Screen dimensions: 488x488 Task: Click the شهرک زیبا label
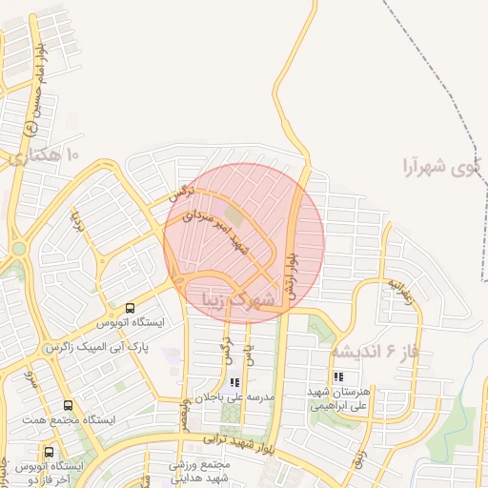[237, 300]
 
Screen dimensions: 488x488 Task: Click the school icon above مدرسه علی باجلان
[234, 380]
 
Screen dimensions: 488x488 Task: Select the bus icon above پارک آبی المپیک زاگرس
[130, 307]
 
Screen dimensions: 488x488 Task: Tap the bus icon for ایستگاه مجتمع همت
[67, 405]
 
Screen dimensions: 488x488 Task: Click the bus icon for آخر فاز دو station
[49, 451]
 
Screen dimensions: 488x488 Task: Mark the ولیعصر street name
[189, 416]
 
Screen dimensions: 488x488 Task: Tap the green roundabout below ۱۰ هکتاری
[18, 250]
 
